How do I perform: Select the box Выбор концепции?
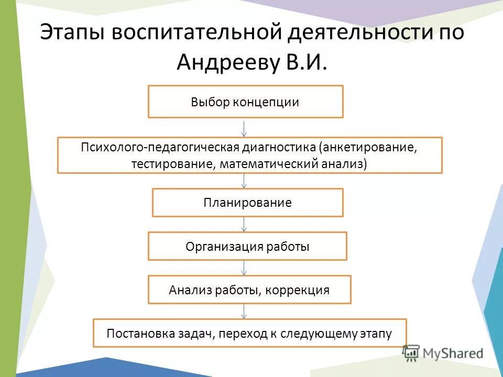(x=245, y=102)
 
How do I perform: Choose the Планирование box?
(x=247, y=203)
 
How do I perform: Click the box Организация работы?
(x=247, y=246)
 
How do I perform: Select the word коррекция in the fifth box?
(x=297, y=290)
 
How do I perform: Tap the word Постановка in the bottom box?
(x=135, y=333)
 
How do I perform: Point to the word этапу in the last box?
(x=374, y=333)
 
